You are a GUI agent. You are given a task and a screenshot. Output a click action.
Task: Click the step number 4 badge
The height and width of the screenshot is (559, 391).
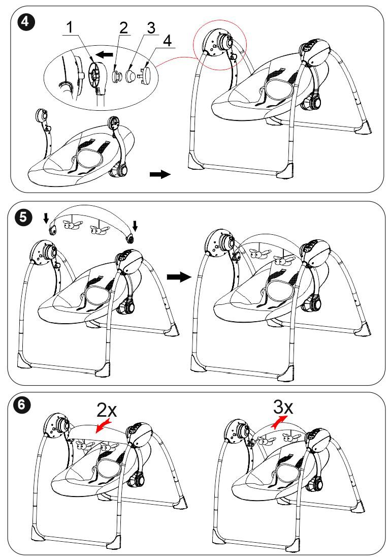click(x=25, y=22)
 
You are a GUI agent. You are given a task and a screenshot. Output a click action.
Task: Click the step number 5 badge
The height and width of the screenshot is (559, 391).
click(x=23, y=217)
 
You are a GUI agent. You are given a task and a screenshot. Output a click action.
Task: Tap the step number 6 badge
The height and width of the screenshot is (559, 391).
click(x=22, y=406)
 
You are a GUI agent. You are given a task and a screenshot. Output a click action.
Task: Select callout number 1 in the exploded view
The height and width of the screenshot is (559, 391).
click(x=70, y=27)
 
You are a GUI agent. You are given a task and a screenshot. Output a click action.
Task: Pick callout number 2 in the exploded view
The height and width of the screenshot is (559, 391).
click(x=123, y=27)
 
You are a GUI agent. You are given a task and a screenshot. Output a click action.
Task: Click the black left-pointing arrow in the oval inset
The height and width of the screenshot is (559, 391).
click(x=105, y=54)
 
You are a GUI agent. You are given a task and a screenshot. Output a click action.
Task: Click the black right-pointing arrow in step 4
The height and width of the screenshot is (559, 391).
click(x=160, y=174)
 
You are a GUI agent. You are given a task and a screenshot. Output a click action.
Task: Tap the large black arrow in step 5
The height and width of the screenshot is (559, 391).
click(x=179, y=276)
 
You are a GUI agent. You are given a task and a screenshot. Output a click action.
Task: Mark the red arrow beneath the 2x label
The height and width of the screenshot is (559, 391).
click(x=104, y=426)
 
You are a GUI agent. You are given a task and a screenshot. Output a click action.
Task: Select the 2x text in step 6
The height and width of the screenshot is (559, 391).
click(x=107, y=410)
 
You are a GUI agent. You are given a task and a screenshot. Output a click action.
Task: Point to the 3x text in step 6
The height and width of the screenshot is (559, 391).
click(x=283, y=407)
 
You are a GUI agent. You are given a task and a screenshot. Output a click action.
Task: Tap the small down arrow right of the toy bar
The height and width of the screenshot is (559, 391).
click(x=135, y=225)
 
